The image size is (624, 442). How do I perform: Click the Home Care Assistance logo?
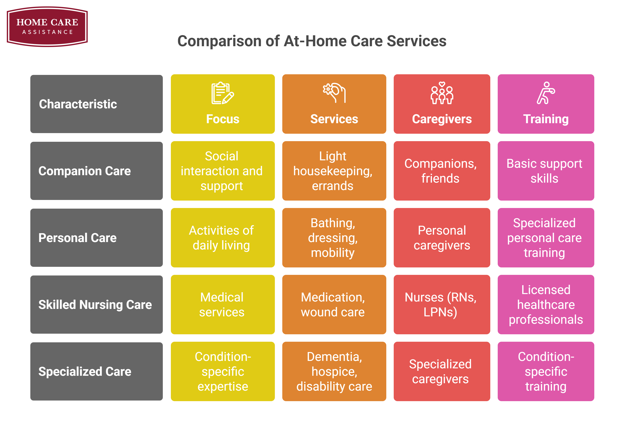tap(47, 27)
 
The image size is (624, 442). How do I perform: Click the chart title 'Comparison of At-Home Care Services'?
tap(312, 41)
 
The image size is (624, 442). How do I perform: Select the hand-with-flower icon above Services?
tap(334, 93)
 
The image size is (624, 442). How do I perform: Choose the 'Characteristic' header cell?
tap(96, 104)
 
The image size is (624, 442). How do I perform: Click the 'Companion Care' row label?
tap(96, 171)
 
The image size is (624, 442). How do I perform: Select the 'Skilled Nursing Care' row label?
tap(96, 305)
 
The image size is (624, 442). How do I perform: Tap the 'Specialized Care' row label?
tap(96, 371)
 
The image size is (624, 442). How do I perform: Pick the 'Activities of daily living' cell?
tap(223, 238)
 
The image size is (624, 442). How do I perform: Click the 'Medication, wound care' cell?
tap(334, 305)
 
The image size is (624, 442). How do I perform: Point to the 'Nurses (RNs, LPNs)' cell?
tap(442, 305)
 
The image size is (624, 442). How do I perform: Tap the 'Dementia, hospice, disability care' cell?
tap(334, 371)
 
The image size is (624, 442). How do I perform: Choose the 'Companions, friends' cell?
tap(442, 171)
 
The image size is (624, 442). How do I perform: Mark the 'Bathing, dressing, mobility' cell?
tap(334, 238)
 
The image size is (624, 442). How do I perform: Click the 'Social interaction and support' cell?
tap(223, 171)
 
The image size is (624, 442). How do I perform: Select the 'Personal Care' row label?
tap(96, 238)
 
